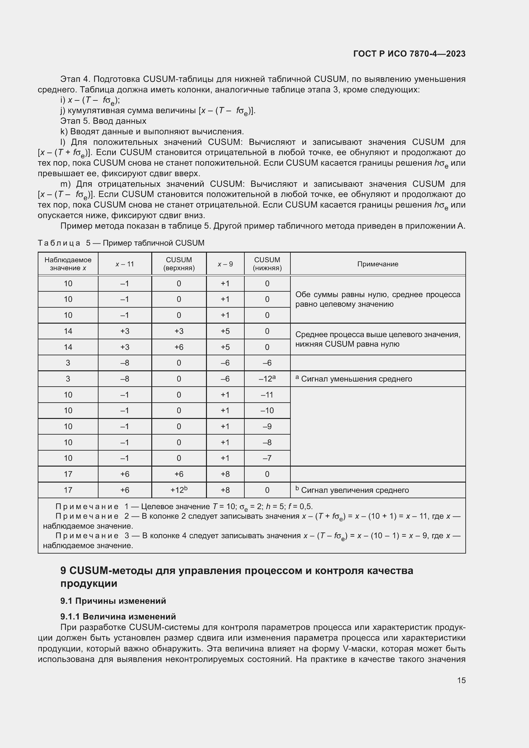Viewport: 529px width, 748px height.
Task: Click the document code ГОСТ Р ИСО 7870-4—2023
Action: [409, 54]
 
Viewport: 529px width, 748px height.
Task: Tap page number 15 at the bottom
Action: [461, 680]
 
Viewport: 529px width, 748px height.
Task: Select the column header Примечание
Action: [377, 264]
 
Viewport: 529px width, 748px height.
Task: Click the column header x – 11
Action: [125, 264]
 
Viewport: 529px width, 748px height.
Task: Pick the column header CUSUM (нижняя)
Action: [267, 264]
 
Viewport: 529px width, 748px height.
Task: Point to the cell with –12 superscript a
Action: [267, 379]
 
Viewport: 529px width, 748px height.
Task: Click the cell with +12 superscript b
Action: [179, 490]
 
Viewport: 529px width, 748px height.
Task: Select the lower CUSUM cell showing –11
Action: [267, 395]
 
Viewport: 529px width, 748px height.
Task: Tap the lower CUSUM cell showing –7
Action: [267, 458]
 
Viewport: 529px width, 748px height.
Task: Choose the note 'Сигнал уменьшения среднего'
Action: [356, 379]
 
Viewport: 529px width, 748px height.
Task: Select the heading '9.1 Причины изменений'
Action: [113, 601]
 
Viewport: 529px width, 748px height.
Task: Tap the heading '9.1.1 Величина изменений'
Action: [118, 616]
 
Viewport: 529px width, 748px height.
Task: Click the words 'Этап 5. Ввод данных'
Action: [103, 121]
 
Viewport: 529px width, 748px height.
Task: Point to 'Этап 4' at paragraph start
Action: [74, 79]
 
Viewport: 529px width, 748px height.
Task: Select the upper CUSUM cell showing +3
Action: [179, 331]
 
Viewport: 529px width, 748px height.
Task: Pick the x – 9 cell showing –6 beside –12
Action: [225, 379]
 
